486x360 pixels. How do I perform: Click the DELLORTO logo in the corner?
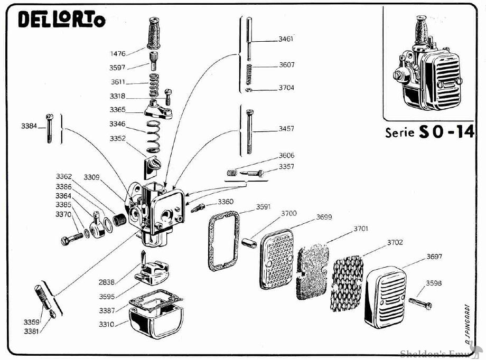pos(61,20)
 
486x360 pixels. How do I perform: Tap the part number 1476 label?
pos(118,53)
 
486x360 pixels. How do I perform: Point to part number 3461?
pos(286,39)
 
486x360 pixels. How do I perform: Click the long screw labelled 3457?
pos(249,129)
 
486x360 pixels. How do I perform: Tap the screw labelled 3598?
pos(420,303)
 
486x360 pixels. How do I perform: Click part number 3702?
pos(395,242)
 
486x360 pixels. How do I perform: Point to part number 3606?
pos(286,156)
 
